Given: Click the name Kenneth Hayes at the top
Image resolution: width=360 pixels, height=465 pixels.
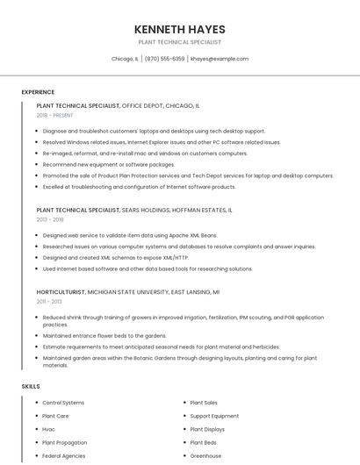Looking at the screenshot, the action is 180,29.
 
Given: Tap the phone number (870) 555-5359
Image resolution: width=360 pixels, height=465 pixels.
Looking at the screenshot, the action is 164,59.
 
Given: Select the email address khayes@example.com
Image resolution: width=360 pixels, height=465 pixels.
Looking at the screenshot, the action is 220,59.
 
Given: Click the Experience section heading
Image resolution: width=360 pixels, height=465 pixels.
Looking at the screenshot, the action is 38,92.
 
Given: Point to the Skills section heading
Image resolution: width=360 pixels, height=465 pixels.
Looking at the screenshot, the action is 31,386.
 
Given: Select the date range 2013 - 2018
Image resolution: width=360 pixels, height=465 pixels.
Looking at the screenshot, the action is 50,219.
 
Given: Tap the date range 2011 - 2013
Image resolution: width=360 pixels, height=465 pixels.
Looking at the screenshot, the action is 49,301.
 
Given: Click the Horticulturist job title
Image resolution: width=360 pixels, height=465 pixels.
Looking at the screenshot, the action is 61,291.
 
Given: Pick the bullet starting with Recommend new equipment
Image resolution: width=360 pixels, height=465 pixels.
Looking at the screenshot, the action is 109,164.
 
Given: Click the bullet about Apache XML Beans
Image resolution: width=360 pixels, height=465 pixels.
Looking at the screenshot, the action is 130,235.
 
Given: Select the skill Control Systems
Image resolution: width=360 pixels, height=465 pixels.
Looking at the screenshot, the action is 63,403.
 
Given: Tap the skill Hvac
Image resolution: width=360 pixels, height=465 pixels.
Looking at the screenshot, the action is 48,429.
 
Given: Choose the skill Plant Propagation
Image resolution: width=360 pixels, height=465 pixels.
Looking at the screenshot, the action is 64,443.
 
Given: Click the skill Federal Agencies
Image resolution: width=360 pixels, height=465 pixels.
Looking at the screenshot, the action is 63,456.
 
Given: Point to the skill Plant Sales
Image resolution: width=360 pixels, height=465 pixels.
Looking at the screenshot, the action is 204,403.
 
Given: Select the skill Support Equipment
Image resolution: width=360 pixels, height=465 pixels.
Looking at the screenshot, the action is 214,416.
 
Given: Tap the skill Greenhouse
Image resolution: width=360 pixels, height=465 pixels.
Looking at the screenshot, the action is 205,456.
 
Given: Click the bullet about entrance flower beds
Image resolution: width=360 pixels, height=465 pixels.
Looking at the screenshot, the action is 104,335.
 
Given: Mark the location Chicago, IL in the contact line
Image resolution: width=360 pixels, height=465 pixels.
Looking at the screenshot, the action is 125,59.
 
